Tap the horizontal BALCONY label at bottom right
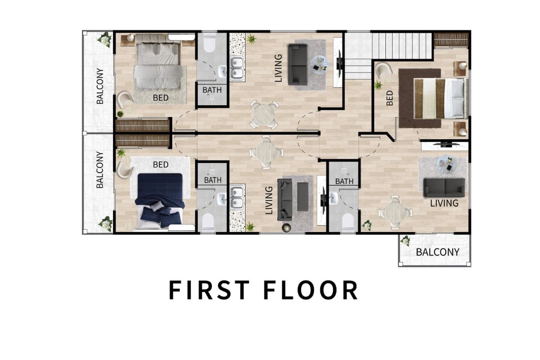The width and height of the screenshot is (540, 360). coord(437,252)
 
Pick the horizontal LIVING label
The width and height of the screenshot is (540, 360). coord(444,203)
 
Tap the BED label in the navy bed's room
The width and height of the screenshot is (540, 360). coord(160,165)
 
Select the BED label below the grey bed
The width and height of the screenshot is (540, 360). coord(161,97)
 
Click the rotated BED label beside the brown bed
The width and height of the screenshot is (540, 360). coord(390,98)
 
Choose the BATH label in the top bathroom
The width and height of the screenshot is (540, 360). coord(212,90)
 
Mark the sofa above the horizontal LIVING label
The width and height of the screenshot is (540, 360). coord(444,185)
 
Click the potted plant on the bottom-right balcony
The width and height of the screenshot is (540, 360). coord(405,241)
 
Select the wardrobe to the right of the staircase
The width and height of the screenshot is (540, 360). coord(450,39)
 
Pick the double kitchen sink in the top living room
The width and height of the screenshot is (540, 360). coord(237,68)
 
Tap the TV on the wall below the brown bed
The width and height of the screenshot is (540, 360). coord(446,144)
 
